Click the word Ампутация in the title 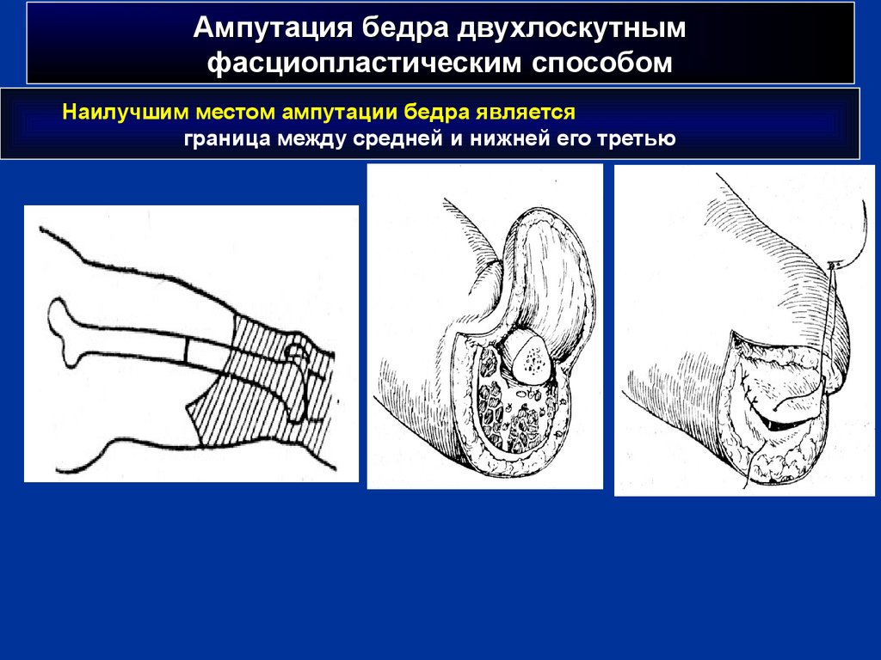(x=273, y=28)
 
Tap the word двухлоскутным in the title (x=571, y=29)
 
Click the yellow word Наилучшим (x=126, y=113)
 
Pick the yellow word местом (x=236, y=113)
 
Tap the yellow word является (x=526, y=113)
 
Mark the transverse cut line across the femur (x=186, y=351)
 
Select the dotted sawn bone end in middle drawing (x=530, y=359)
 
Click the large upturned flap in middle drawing (x=553, y=284)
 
